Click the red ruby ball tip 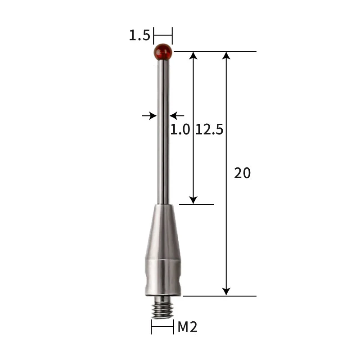(x=163, y=52)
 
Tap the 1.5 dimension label (x=139, y=36)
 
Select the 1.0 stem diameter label (x=180, y=130)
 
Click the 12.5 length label (x=209, y=130)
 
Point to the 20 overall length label (x=242, y=173)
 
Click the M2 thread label (x=187, y=327)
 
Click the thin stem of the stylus (x=163, y=135)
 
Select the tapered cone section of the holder (x=163, y=229)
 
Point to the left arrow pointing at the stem (x=149, y=116)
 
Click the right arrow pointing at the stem (x=176, y=116)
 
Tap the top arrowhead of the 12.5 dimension (x=193, y=56)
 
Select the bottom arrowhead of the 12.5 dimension (x=193, y=199)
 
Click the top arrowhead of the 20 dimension (x=226, y=56)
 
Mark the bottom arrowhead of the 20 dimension (x=226, y=291)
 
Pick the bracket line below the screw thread (x=162, y=327)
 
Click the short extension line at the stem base (x=197, y=204)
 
